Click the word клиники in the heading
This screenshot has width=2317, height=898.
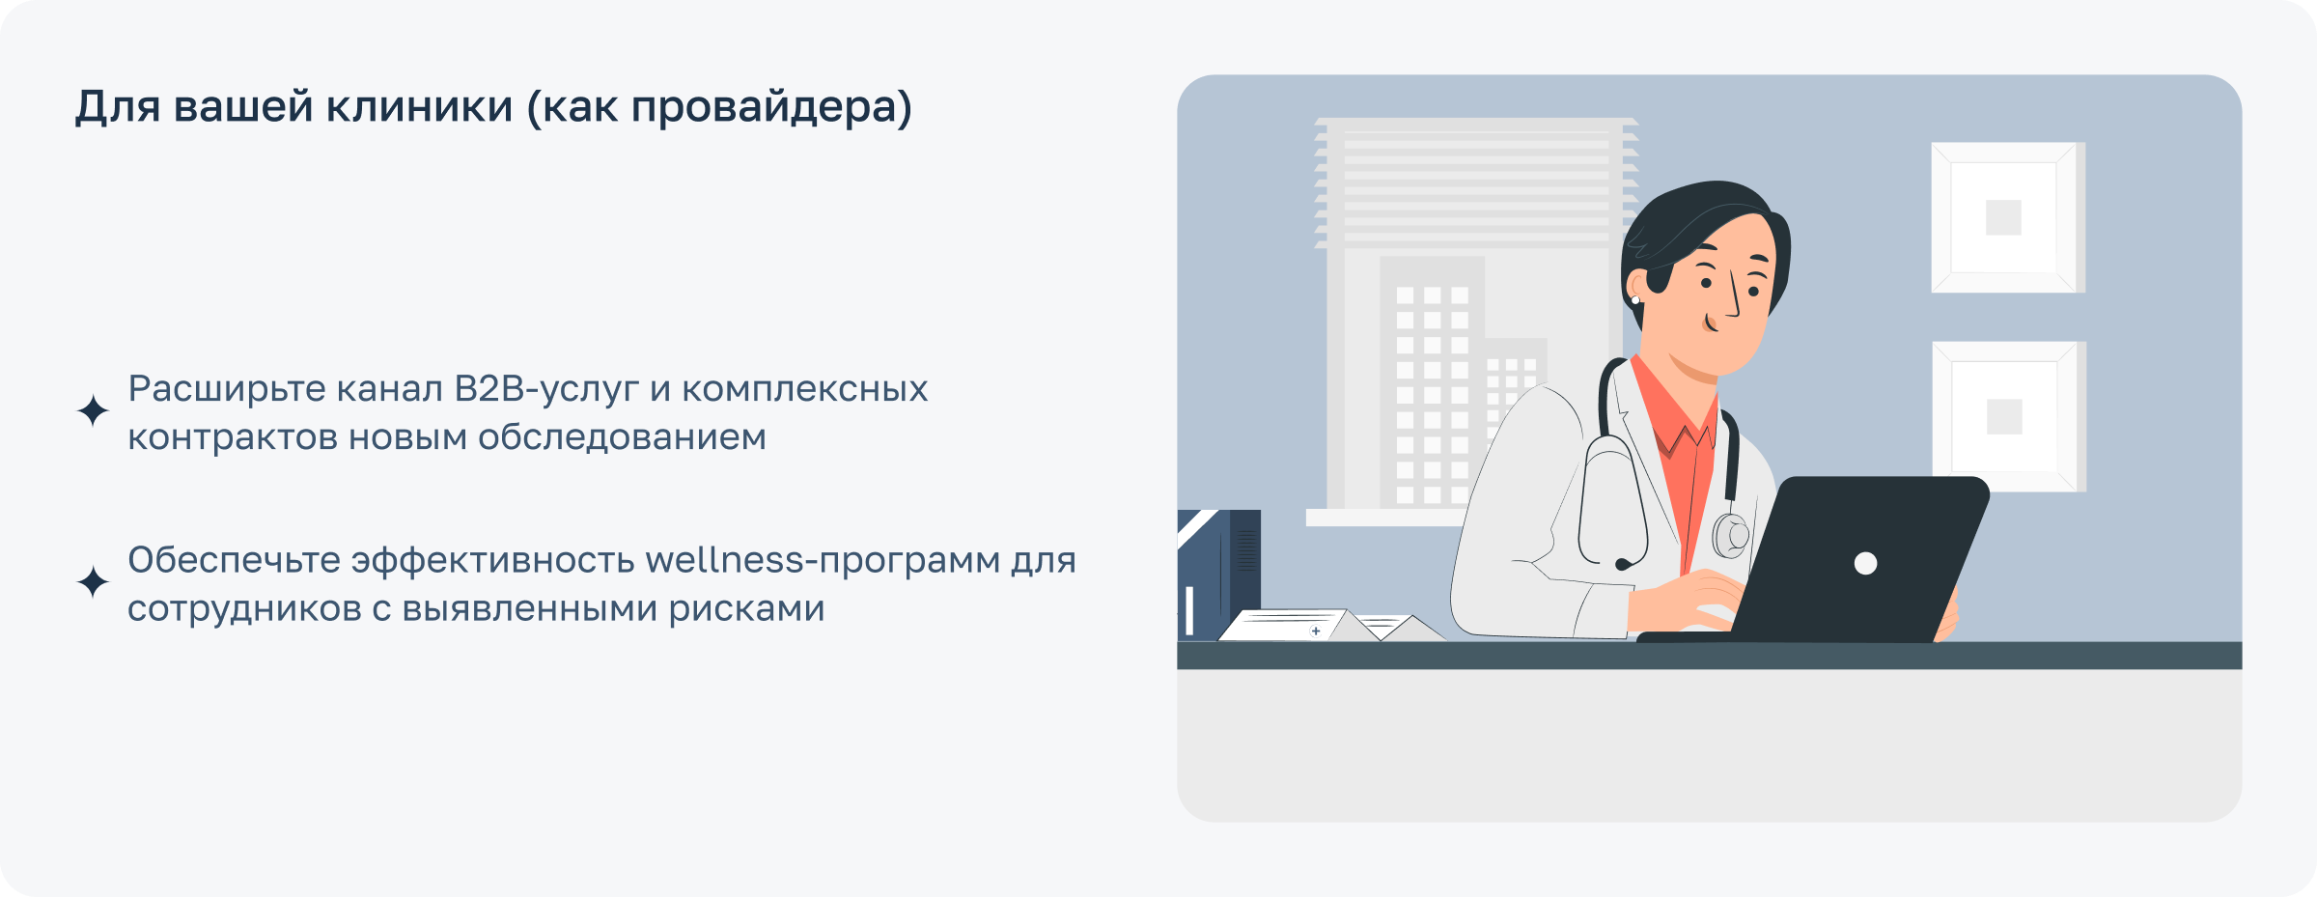(x=419, y=106)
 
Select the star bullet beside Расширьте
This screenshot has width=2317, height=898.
(x=93, y=411)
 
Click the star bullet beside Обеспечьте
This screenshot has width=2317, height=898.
(x=93, y=582)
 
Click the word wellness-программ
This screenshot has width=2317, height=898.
(x=822, y=560)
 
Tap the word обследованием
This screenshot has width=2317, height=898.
(x=622, y=437)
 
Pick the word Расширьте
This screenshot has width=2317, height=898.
(x=227, y=389)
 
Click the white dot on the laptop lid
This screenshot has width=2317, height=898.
(x=1865, y=564)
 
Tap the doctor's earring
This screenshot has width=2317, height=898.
(x=1635, y=300)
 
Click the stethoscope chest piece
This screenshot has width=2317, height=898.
(x=1730, y=534)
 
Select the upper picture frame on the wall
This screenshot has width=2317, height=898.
(x=2006, y=217)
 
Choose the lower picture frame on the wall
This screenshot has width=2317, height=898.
(x=2007, y=416)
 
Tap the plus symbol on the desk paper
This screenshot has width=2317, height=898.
(x=1316, y=631)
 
